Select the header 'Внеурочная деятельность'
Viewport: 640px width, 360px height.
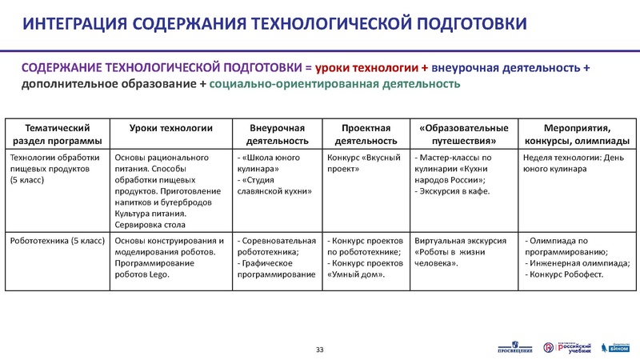click(278, 134)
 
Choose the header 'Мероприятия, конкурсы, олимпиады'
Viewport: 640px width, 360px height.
click(575, 134)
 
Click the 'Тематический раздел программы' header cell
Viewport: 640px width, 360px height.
click(58, 134)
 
